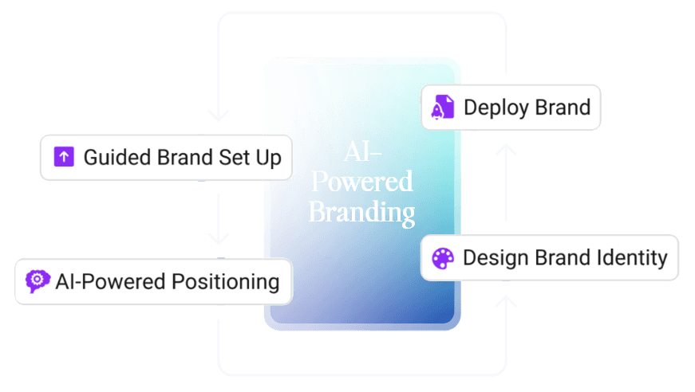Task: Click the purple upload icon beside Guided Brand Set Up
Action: click(64, 157)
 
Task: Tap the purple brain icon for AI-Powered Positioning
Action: click(37, 281)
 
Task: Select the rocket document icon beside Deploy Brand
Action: click(443, 107)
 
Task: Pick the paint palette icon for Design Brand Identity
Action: click(442, 258)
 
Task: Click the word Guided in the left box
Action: click(111, 158)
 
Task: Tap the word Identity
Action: click(634, 258)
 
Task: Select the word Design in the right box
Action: click(489, 258)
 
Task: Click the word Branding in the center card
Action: click(361, 213)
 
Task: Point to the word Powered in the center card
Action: click(361, 182)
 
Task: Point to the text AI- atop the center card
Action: click(361, 151)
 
